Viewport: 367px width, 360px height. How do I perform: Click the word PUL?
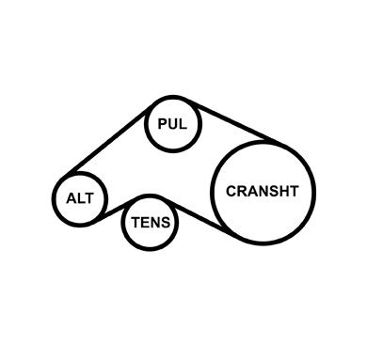[x=172, y=124]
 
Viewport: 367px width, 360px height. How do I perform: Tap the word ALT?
[x=80, y=198]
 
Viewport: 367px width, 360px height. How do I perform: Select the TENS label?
[x=151, y=223]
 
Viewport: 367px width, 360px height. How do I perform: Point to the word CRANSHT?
[x=263, y=191]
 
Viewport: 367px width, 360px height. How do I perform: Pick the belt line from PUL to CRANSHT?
[x=233, y=121]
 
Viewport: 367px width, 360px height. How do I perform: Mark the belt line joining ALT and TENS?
[x=115, y=209]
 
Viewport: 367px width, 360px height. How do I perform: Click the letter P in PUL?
[x=163, y=124]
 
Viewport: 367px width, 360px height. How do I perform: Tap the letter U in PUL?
[x=172, y=124]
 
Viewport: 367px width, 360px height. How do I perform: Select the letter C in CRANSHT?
[x=231, y=191]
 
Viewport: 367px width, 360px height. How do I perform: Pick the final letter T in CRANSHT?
[x=294, y=191]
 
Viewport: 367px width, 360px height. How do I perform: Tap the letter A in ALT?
[x=72, y=198]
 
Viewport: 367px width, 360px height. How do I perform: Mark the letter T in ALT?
[x=89, y=198]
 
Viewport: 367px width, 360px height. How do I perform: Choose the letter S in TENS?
[x=166, y=223]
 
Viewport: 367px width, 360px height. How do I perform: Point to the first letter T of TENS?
[x=136, y=223]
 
